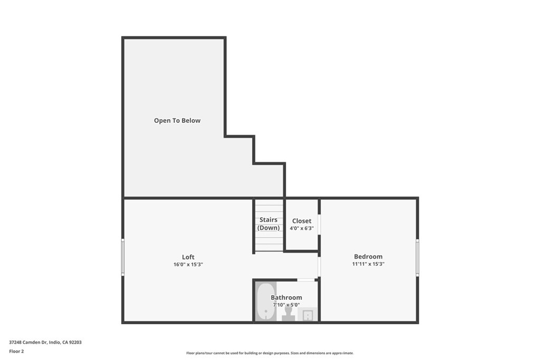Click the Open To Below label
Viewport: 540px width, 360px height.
pyautogui.click(x=177, y=121)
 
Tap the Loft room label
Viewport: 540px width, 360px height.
pyautogui.click(x=188, y=257)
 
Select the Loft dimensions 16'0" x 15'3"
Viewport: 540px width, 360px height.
pyautogui.click(x=188, y=265)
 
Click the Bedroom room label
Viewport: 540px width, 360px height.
pyautogui.click(x=368, y=257)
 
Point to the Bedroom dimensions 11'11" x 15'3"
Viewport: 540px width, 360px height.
pyautogui.click(x=368, y=264)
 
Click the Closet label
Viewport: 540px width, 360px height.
pyautogui.click(x=302, y=221)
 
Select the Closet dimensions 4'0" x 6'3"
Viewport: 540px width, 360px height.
pyautogui.click(x=302, y=228)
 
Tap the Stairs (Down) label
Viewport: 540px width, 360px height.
pyautogui.click(x=269, y=223)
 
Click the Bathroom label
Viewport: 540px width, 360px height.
pyautogui.click(x=286, y=298)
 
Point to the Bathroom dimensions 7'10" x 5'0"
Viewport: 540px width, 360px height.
pyautogui.click(x=286, y=305)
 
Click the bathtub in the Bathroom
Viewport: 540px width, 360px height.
pyautogui.click(x=266, y=301)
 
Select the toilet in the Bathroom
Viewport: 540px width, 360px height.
pyautogui.click(x=288, y=314)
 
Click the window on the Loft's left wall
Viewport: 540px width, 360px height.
pyautogui.click(x=123, y=257)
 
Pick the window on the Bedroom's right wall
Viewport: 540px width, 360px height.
pyautogui.click(x=417, y=257)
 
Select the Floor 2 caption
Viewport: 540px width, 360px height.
pyautogui.click(x=17, y=351)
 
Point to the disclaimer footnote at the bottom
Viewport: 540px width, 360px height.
pyautogui.click(x=269, y=353)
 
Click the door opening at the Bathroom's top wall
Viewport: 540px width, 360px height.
pyautogui.click(x=305, y=280)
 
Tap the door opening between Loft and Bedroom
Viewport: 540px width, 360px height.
pyautogui.click(x=319, y=267)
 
